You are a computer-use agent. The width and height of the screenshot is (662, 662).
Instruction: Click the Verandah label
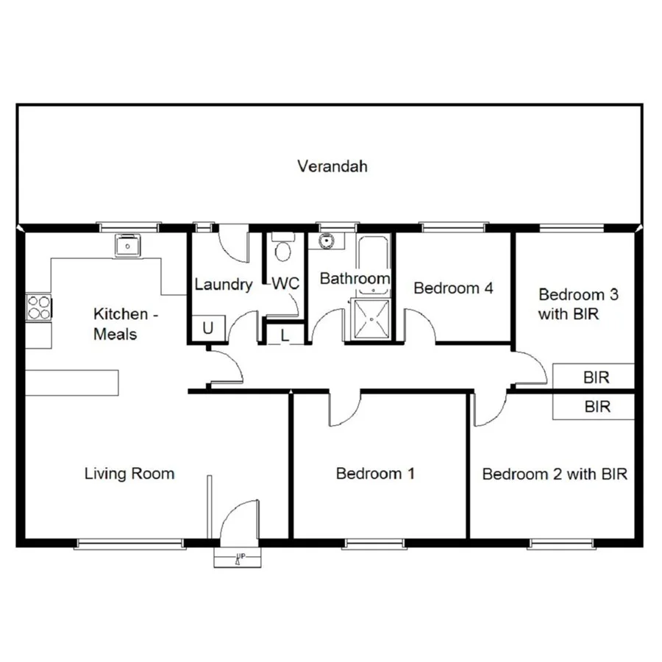click(x=332, y=166)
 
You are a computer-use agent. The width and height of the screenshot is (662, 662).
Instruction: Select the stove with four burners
click(x=38, y=307)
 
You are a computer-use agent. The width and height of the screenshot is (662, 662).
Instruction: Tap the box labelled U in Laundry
click(x=207, y=328)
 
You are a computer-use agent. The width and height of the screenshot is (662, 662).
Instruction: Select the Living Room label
click(x=129, y=473)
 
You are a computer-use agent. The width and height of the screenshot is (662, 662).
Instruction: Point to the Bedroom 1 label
click(x=375, y=473)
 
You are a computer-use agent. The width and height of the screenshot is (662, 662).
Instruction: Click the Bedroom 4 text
click(x=453, y=288)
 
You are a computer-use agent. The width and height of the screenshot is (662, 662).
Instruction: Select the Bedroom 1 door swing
click(x=344, y=410)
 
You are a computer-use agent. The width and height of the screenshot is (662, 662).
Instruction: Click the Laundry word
click(x=224, y=285)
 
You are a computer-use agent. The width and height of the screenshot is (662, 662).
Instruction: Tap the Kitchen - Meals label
click(x=124, y=324)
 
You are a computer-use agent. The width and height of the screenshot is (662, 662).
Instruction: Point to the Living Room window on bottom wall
click(x=129, y=544)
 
